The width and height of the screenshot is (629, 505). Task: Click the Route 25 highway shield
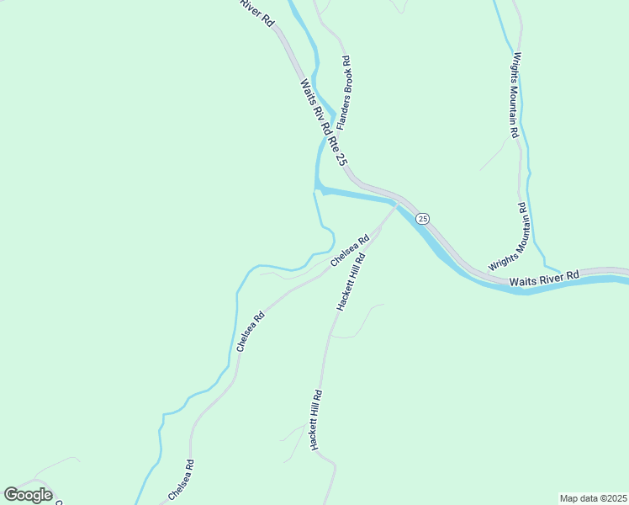(x=423, y=219)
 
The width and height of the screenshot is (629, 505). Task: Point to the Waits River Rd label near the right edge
(x=544, y=277)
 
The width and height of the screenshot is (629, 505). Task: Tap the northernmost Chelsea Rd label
(x=350, y=251)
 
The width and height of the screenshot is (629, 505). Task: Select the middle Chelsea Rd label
(x=251, y=332)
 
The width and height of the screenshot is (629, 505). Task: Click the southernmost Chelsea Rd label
(x=182, y=480)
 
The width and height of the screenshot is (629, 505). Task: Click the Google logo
(x=28, y=495)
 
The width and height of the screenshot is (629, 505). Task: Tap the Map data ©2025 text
(x=594, y=498)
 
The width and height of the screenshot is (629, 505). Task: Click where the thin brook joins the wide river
(x=316, y=190)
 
